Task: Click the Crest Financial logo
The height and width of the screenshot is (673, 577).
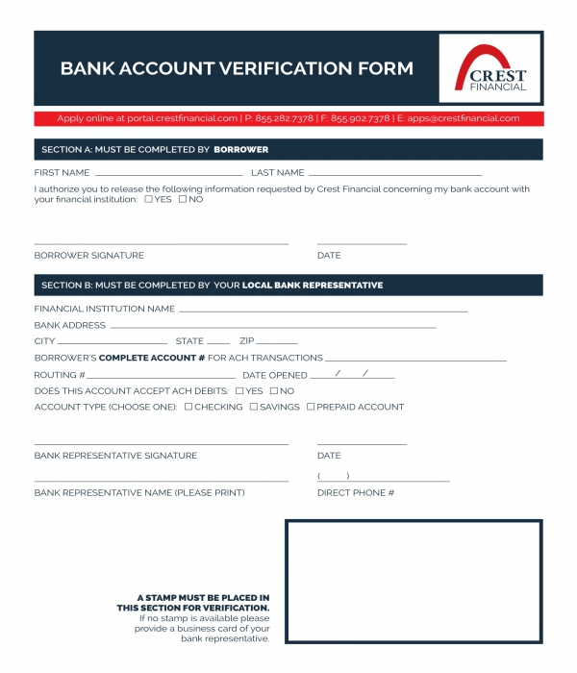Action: [x=490, y=68]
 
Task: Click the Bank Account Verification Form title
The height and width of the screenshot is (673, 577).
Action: [x=237, y=68]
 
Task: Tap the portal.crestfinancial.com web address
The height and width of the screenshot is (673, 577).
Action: [x=182, y=118]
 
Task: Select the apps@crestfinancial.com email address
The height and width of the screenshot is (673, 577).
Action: [x=464, y=118]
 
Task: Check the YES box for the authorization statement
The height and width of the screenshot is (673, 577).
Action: [x=148, y=199]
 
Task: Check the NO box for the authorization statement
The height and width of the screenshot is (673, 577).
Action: [x=183, y=199]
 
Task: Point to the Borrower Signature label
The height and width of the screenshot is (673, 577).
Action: [x=88, y=256]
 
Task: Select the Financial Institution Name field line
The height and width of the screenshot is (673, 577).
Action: [x=323, y=311]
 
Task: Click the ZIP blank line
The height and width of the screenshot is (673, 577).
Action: [x=277, y=343]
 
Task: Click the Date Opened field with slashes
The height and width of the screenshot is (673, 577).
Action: [x=352, y=375]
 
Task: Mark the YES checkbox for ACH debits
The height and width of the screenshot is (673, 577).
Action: [x=239, y=391]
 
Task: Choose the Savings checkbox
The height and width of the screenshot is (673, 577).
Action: [x=254, y=407]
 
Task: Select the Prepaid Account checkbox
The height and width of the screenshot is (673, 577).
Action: [x=311, y=407]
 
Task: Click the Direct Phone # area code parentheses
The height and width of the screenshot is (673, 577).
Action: [x=333, y=476]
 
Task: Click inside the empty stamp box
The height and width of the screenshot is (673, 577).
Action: [x=414, y=581]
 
